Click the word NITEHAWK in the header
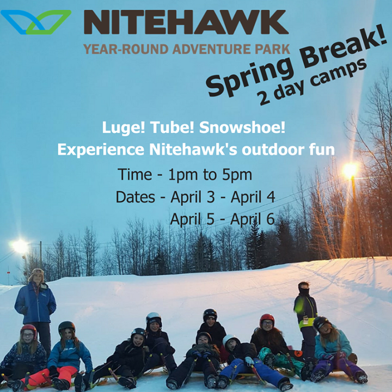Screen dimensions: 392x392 point(186,22)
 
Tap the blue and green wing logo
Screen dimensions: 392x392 point(36,22)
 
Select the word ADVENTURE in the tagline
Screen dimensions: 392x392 point(212,49)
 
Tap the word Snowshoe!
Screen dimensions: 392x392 point(242,127)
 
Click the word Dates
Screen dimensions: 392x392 point(135,197)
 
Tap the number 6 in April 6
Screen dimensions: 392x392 point(270,219)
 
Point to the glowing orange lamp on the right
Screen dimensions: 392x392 point(351,170)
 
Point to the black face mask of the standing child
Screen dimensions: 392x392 point(304,291)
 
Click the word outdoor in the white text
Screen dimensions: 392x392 point(273,150)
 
